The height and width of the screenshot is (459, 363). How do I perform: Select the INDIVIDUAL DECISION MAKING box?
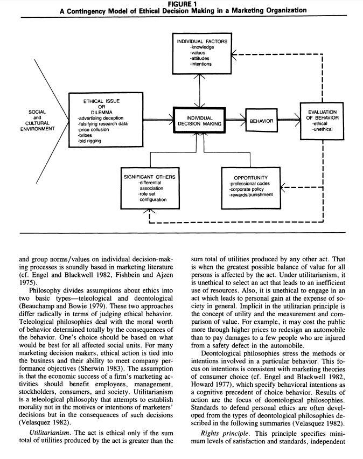point(199,120)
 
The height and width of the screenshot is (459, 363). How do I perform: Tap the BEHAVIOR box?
point(261,121)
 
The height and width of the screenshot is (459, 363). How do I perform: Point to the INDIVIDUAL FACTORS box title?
point(203,41)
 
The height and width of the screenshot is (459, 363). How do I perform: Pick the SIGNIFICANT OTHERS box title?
point(149,177)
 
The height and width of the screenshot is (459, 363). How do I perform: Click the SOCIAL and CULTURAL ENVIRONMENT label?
point(37,121)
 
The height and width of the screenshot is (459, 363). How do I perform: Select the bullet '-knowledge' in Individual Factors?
point(202,47)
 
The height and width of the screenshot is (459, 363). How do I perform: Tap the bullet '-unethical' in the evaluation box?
point(323,129)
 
